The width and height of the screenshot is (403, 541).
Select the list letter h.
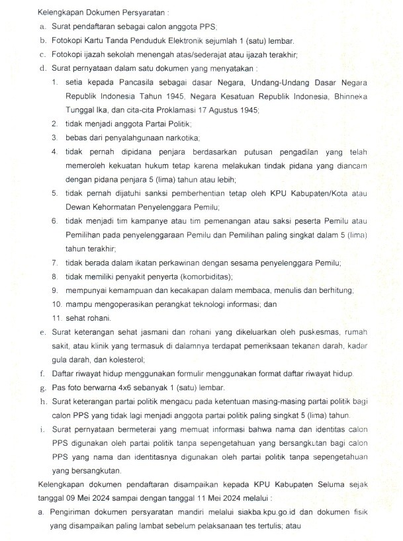[x=42, y=401]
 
